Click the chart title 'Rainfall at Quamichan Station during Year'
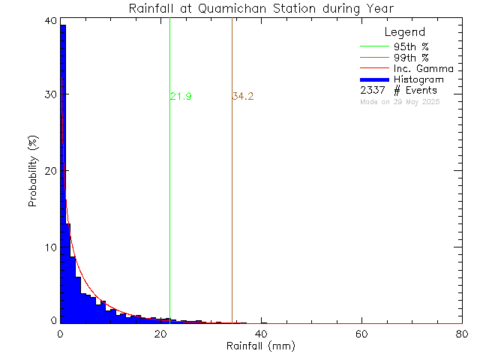[x=262, y=8]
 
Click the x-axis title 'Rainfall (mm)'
[x=262, y=346]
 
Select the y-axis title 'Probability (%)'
[x=34, y=172]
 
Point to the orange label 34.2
[x=243, y=96]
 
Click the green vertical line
[x=170, y=187]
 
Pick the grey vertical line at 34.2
[x=232, y=187]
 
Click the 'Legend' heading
[x=404, y=32]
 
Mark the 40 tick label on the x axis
[x=261, y=334]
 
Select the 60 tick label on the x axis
[x=361, y=334]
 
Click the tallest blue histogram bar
[x=63, y=172]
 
